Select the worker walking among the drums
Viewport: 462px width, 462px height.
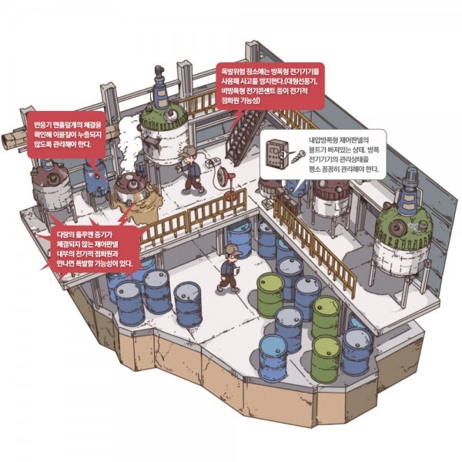coord(229,269)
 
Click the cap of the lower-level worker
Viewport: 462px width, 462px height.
coord(232,251)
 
